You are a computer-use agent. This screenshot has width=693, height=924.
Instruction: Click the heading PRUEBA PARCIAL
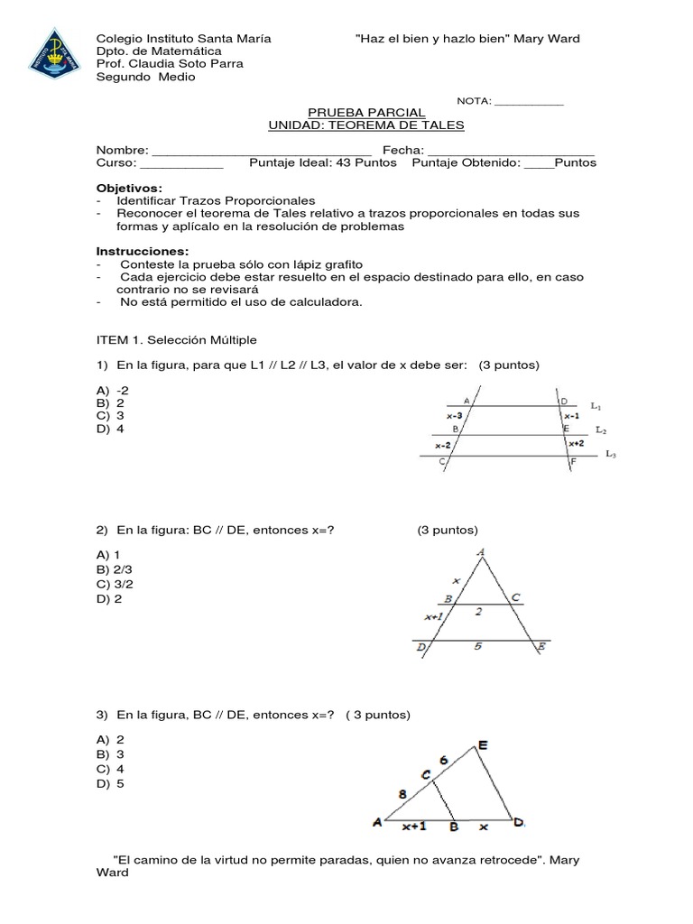point(365,112)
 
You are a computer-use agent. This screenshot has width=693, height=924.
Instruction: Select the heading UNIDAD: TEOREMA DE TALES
point(366,125)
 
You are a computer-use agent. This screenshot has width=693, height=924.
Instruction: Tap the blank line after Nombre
point(262,151)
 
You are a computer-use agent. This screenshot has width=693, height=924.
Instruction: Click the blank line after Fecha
point(510,151)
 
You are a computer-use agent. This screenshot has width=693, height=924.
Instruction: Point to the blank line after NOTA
point(529,102)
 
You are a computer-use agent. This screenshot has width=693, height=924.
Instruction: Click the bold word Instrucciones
point(143,250)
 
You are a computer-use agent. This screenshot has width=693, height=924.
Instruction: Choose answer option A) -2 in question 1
point(114,390)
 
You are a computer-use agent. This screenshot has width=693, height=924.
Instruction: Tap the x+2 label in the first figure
point(576,443)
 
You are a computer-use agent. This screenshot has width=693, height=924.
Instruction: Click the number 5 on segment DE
point(478,646)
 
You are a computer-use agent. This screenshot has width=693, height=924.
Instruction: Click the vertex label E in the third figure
point(483,744)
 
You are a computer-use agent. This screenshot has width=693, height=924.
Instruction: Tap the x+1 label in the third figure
point(414,825)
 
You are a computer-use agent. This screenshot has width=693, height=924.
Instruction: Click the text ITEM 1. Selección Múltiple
point(176,340)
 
